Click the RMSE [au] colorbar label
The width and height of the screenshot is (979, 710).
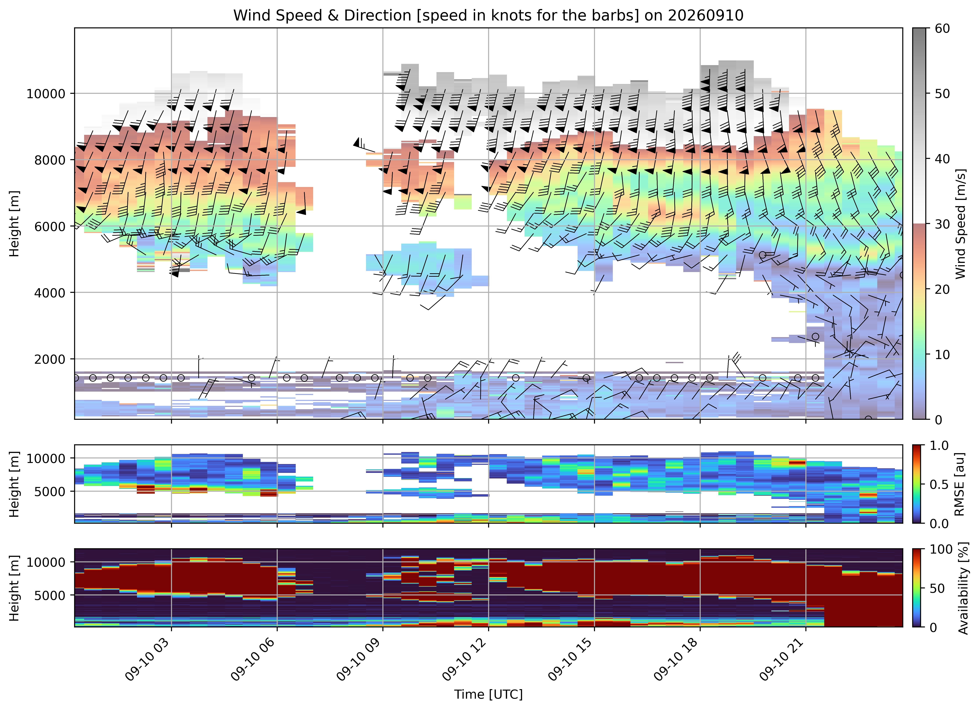coord(960,484)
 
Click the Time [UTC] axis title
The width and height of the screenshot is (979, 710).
coord(488,695)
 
